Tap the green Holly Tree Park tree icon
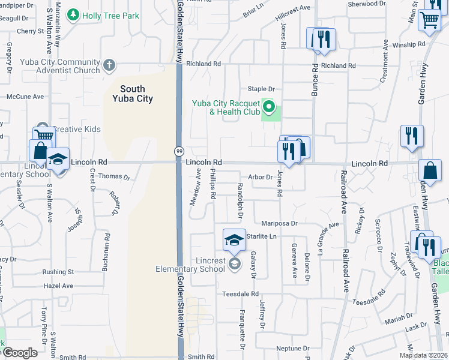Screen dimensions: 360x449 73,14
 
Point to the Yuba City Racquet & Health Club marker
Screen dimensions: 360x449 270,108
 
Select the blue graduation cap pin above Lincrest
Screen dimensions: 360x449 235,241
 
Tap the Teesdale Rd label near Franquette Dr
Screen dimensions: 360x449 240,294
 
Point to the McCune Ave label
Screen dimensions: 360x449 25,96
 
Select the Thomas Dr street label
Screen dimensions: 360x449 114,177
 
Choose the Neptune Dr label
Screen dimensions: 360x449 292,349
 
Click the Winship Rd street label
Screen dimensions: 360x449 408,45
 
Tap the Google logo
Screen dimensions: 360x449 19,352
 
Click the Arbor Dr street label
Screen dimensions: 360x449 261,177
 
